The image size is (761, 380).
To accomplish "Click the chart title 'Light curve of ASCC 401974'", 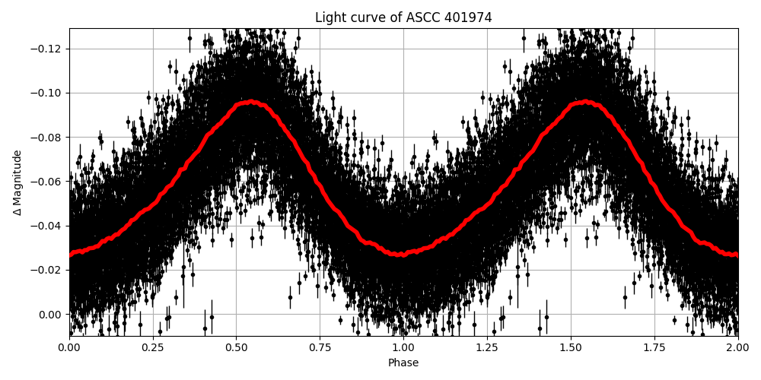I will (403, 17).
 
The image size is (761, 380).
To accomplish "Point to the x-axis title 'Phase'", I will (403, 363).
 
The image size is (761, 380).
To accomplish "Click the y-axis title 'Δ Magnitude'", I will (18, 182).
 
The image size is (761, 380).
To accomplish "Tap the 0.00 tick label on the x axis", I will (69, 348).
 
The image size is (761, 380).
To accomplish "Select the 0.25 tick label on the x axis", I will (153, 348).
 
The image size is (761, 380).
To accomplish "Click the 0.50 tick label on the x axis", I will (237, 348).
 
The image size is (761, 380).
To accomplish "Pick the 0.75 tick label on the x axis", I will (320, 348).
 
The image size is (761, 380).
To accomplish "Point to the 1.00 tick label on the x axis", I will (403, 348).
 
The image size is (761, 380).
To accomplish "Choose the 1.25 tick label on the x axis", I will (487, 348).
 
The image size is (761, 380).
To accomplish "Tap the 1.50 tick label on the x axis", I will (571, 348).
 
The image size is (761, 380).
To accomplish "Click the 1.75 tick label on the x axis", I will (654, 348).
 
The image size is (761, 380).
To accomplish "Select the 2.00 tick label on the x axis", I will (737, 348).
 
